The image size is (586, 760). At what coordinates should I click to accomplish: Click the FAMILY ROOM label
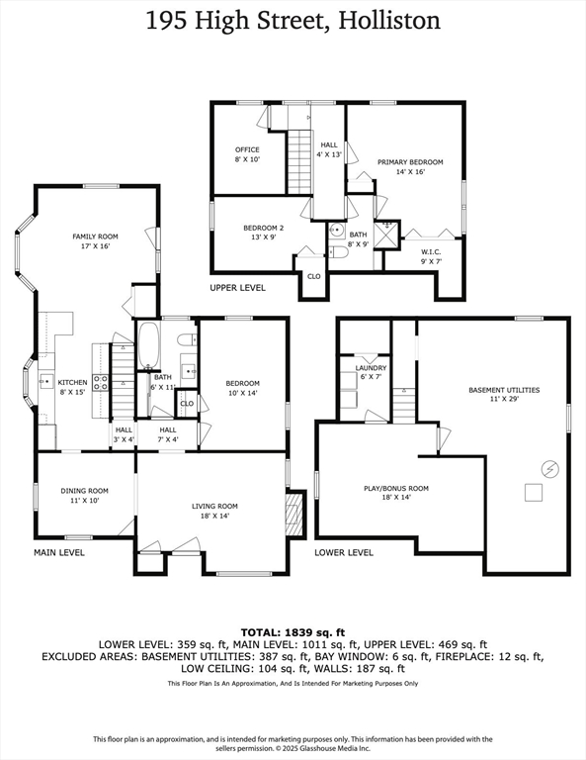(x=95, y=237)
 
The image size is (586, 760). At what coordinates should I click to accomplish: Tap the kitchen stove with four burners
(x=101, y=382)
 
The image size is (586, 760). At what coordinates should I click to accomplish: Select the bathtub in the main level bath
(x=148, y=344)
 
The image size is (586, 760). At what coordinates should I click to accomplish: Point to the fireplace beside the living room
(x=294, y=514)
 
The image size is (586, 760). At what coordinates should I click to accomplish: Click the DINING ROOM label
(x=85, y=491)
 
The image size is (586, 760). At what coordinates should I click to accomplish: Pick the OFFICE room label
(x=247, y=149)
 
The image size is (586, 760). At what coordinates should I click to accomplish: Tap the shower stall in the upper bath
(x=388, y=235)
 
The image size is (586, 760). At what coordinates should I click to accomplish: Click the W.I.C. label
(x=431, y=252)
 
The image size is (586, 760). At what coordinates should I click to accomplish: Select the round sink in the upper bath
(x=337, y=230)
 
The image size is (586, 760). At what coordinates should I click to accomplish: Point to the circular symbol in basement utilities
(x=550, y=469)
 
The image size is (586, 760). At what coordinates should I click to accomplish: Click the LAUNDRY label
(x=372, y=368)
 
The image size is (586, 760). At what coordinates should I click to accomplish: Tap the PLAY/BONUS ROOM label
(x=396, y=488)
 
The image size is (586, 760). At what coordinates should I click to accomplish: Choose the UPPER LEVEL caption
(x=237, y=288)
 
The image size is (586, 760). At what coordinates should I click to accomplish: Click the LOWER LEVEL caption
(x=344, y=552)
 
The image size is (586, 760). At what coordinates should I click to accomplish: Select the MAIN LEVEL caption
(x=59, y=552)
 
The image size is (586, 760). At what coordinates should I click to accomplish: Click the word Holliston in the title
(x=389, y=21)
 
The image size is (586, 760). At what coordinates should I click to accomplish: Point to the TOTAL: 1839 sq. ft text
(x=293, y=632)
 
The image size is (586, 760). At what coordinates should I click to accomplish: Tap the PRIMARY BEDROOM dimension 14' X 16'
(x=410, y=171)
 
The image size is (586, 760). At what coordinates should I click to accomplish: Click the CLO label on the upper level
(x=314, y=276)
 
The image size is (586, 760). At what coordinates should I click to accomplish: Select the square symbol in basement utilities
(x=534, y=493)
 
